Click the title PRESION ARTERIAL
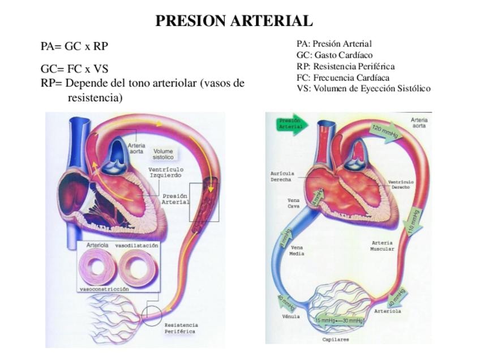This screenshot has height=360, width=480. pos(234,21)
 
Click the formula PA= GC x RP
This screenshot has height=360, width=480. pos(74,46)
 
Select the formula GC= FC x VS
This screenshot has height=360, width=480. pos(74,69)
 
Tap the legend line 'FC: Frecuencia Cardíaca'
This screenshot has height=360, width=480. pos(343,78)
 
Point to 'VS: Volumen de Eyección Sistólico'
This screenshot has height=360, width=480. pos(363,89)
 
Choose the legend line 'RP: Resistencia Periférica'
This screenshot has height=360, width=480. pos(345,66)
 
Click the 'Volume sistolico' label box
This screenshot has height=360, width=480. pos(163,154)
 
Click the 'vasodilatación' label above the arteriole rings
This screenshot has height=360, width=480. pos(136,246)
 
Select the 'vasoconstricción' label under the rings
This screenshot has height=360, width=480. pos(104,289)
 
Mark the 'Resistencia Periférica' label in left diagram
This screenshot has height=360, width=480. pos(181,328)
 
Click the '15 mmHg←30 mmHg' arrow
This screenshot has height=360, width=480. pos(338,321)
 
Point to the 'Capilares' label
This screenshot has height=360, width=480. pos(336,340)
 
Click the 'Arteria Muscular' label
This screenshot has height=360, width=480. pos(382,246)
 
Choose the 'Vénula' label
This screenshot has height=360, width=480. pos(291,316)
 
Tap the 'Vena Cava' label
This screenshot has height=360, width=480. pos(294,203)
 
